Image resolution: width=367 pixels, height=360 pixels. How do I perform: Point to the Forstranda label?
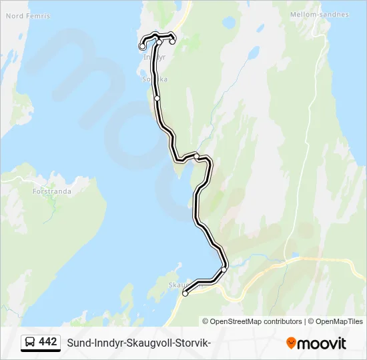click(x=51, y=191)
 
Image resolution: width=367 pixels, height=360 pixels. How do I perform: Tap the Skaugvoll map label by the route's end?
click(x=180, y=285)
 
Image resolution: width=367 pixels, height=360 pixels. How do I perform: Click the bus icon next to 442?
click(x=30, y=342)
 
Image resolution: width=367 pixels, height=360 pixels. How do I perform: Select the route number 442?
click(x=48, y=342)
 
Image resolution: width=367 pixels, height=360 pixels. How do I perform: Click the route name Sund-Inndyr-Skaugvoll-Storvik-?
click(x=139, y=343)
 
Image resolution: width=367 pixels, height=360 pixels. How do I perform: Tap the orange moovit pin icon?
click(x=291, y=343)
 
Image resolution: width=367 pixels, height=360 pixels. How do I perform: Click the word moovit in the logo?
click(x=322, y=343)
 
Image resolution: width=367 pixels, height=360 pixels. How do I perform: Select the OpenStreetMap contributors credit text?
click(x=252, y=321)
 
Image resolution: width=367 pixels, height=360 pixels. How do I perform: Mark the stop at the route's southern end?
click(x=186, y=293)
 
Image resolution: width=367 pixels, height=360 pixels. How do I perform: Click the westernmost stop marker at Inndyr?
click(x=142, y=47)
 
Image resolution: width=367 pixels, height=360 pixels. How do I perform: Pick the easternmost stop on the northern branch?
click(x=172, y=42)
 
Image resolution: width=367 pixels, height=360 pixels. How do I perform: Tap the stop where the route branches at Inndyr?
click(x=160, y=42)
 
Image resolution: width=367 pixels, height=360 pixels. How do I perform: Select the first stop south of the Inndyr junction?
click(x=157, y=98)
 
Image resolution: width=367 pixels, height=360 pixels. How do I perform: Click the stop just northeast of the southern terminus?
click(x=224, y=269)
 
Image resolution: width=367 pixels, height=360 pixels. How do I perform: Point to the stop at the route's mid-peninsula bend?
click(x=197, y=156)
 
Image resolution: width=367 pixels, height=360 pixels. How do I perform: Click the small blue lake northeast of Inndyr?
click(x=229, y=23)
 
